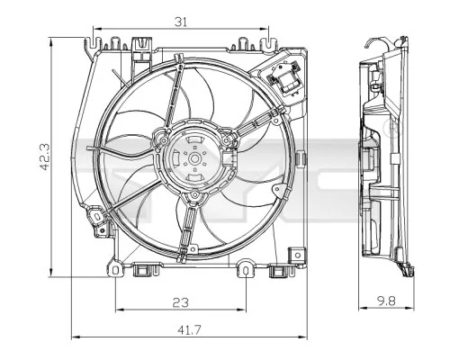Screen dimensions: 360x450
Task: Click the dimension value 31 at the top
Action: (181, 22)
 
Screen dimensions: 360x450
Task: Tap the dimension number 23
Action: (181, 303)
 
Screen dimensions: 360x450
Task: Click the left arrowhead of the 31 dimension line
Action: (96, 29)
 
